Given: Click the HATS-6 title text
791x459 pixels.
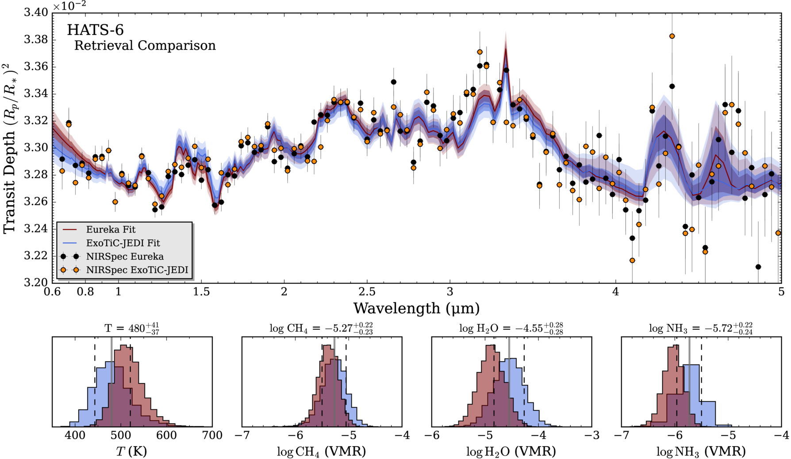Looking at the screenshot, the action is coord(95,30).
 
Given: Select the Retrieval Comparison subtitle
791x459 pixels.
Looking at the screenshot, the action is coord(145,46).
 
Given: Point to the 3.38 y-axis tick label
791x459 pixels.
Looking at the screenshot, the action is coord(36,40).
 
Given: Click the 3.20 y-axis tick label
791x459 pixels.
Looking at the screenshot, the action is coord(36,283).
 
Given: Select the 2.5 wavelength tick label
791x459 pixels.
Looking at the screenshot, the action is coord(367,292).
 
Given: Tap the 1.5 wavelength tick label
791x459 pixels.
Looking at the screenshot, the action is coord(201,292).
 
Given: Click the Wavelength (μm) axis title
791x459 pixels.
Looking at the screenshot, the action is coord(416,308).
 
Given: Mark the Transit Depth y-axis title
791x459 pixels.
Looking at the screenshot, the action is coord(10,148).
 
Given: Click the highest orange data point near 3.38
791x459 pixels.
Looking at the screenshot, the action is coord(672,36).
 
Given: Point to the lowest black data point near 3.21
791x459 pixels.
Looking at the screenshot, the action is coord(758,267).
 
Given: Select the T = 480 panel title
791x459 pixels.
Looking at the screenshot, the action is coord(132,328).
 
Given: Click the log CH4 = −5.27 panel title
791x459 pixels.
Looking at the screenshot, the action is coord(321,328).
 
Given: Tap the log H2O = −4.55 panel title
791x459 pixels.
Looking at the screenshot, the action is coord(511,328).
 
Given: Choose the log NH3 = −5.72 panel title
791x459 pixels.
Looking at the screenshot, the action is coord(701,328).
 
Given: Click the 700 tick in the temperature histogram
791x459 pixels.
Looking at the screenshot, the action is coord(212,436).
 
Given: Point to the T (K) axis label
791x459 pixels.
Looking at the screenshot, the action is coord(131,451).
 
